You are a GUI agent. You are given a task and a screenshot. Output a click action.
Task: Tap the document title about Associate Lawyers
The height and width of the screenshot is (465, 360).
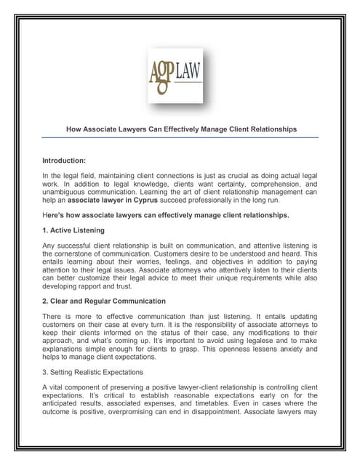[180, 129]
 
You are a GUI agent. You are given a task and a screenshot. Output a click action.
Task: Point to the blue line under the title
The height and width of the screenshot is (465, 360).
[180, 137]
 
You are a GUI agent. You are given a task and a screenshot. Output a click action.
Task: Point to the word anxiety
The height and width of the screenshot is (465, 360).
[290, 348]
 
